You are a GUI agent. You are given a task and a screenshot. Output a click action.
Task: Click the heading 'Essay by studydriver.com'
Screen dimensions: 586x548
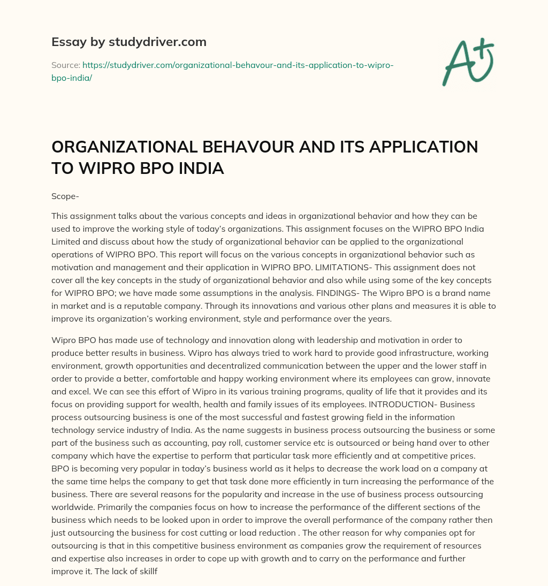[128, 42]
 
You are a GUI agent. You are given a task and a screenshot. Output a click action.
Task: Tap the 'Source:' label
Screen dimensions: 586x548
[65, 65]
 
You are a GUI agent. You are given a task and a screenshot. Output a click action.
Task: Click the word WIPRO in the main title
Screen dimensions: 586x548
[101, 169]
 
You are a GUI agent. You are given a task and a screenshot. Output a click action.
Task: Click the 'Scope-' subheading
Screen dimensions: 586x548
[65, 196]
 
